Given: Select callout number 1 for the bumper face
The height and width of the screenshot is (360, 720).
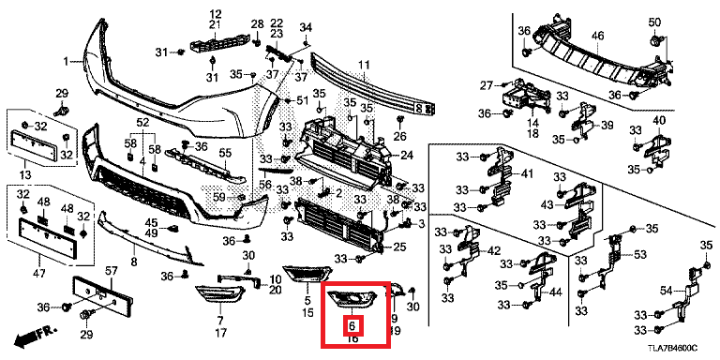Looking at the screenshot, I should pos(67,62).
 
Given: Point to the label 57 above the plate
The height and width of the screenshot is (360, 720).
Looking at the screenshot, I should pos(110,270).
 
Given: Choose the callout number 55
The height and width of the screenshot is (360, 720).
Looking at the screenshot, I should pos(224,154).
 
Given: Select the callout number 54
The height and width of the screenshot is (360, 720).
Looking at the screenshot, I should pos(667,291).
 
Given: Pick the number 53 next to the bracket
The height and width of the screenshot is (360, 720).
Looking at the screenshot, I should pos(640,254).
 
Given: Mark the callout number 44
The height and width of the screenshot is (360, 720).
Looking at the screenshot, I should pos(555,292).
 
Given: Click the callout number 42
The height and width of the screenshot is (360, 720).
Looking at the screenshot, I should pos(493,251).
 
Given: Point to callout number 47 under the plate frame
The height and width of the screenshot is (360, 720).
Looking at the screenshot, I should pos(38,274).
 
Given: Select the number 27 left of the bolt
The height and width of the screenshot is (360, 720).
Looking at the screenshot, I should pos(487,86).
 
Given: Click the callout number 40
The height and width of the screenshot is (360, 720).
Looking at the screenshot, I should pos(659,120).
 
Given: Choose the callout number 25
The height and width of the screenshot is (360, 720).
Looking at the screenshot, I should pos(398,247).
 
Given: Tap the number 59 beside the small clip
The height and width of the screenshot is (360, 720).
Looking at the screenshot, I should pos(217,197).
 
